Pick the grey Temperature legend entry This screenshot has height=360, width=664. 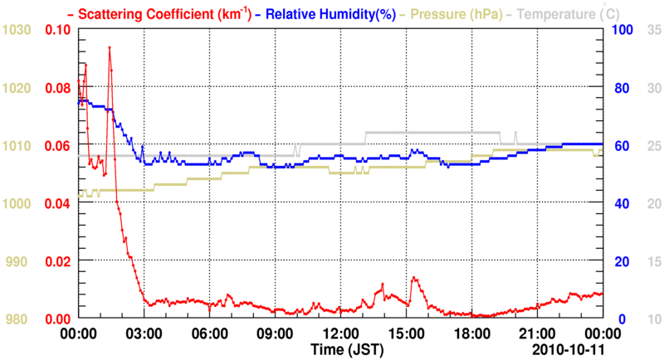coord(564,14)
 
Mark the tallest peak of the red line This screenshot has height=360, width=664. coord(109,47)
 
